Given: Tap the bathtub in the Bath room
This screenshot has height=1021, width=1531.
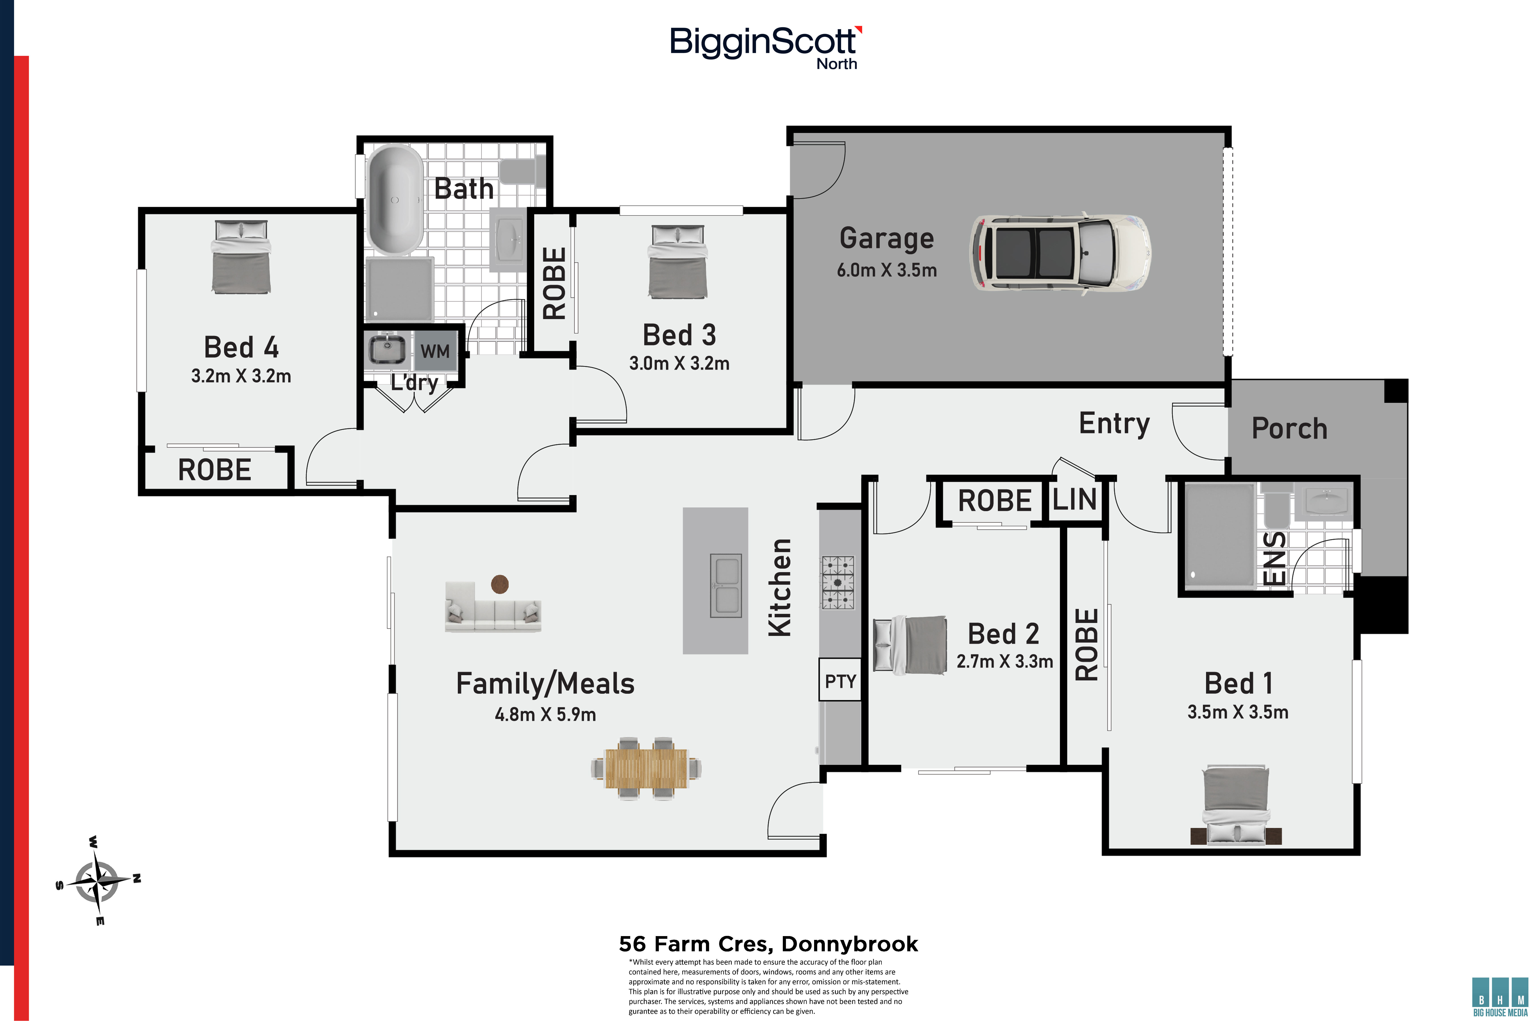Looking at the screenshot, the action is (x=395, y=199).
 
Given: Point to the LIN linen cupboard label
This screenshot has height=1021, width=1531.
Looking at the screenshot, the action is (x=1075, y=499).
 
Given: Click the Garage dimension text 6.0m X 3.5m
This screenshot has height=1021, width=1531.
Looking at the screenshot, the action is (x=886, y=270).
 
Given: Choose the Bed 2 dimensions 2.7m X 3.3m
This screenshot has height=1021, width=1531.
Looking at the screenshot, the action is (x=1004, y=662).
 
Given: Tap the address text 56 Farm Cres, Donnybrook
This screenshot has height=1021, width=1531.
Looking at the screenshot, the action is (x=768, y=943).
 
